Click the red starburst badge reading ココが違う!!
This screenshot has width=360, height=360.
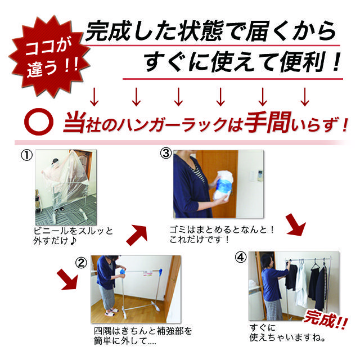tap(49, 57)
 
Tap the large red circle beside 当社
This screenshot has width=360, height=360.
tap(39, 121)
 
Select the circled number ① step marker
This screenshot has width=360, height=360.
tap(26, 155)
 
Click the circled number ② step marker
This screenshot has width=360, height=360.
tap(81, 263)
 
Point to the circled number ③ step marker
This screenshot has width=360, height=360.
tap(166, 154)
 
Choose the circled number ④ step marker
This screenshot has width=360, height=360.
tap(241, 258)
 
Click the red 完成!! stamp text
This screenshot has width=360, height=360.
tap(326, 320)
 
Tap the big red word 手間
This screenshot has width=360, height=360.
tap(268, 123)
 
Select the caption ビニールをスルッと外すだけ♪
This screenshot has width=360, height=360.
tap(73, 236)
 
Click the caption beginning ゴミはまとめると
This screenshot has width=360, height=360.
tap(222, 235)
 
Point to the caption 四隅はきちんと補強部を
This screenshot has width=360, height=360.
tap(143, 331)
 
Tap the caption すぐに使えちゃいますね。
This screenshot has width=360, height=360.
tap(287, 332)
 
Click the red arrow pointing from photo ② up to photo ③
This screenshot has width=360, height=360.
tap(137, 235)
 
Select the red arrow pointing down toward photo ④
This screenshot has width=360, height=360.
tap(296, 224)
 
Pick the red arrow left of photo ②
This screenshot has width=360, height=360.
tap(67, 280)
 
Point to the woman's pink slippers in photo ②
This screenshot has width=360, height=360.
tap(111, 312)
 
